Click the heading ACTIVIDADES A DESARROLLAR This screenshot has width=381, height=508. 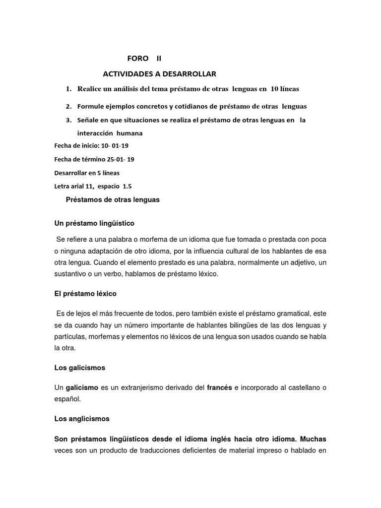coord(159,74)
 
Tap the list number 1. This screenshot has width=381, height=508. coord(68,89)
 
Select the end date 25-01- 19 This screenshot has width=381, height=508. coord(118,159)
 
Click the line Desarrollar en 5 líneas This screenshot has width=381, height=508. coord(86,173)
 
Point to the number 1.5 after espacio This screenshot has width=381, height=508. coord(127,187)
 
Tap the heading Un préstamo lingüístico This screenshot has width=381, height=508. coord(94,223)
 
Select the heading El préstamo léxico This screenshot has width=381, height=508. coord(85,294)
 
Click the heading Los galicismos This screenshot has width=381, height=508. coord(79,368)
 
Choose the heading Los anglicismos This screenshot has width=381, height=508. coord(82,419)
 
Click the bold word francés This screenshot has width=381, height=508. coord(219,387)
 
